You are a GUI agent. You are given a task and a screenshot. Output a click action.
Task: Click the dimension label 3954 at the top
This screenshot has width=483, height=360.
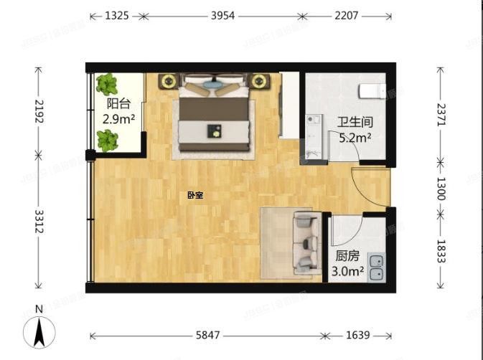click(220, 15)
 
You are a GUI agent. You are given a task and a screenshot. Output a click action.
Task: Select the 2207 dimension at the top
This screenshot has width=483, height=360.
click(346, 15)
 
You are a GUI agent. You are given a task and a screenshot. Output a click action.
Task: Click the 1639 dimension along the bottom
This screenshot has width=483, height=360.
click(357, 335)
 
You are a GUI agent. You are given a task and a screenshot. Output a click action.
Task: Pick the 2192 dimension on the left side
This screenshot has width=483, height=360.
click(38, 110)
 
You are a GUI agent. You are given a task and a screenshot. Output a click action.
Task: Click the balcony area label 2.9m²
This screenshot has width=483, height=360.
click(118, 119)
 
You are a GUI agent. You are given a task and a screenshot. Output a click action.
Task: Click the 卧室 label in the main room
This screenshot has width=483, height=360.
click(194, 195)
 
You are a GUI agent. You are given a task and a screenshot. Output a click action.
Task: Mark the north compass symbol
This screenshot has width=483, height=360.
click(40, 329)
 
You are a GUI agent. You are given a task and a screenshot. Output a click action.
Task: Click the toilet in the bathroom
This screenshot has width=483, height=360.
click(372, 91)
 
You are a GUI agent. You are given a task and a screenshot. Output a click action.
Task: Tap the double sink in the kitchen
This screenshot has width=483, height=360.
click(377, 267)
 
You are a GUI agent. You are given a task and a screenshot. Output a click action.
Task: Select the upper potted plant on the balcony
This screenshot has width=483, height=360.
click(108, 85)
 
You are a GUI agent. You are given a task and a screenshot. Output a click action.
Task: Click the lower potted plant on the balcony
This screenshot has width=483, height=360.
click(108, 141)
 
